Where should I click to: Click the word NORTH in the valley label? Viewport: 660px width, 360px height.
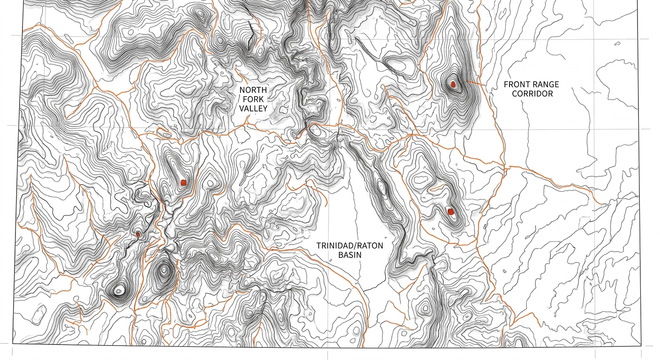tap(253, 90)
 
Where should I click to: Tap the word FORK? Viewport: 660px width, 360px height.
tap(253, 99)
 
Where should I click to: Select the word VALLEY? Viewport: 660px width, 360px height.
tap(253, 109)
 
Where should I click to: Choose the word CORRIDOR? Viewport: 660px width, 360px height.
tap(532, 94)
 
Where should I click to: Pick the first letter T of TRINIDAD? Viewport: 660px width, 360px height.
tap(319, 246)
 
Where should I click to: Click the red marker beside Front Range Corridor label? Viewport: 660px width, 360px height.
tap(453, 84)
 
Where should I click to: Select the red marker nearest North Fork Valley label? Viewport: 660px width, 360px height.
tap(183, 183)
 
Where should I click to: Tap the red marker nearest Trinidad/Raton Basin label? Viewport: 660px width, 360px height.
tap(450, 212)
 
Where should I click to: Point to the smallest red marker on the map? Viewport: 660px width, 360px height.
tap(138, 234)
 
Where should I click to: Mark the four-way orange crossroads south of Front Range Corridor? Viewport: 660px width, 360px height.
tap(504, 166)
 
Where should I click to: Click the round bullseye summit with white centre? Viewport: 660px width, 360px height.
tap(118, 291)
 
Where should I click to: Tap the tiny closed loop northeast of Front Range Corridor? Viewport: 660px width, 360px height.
tap(617, 45)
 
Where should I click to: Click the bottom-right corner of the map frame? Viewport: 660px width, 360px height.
tap(641, 346)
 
